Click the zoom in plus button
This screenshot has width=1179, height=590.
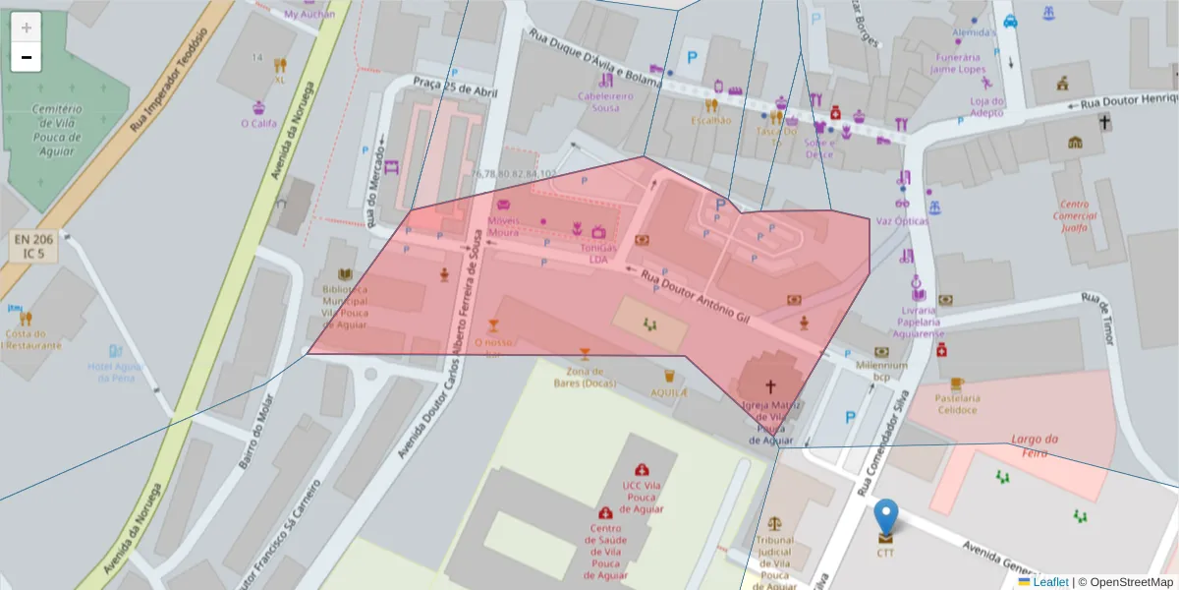[x=27, y=28]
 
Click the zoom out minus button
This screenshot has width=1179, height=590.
[x=27, y=57]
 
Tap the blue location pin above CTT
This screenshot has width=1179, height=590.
[x=886, y=516]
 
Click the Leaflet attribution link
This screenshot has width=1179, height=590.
[x=1049, y=582]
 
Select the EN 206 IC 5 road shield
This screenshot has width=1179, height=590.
[x=34, y=246]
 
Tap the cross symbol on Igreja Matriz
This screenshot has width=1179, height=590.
[x=770, y=386]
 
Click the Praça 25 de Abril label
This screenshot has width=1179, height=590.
[x=456, y=88]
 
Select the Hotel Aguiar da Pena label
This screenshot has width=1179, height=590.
[x=116, y=372]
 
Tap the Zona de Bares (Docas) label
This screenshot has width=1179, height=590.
[x=586, y=377]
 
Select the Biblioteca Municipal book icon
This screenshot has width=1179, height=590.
[x=345, y=274]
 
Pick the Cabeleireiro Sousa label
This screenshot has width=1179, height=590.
[x=605, y=101]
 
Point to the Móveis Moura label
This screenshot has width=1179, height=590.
[x=503, y=226]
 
